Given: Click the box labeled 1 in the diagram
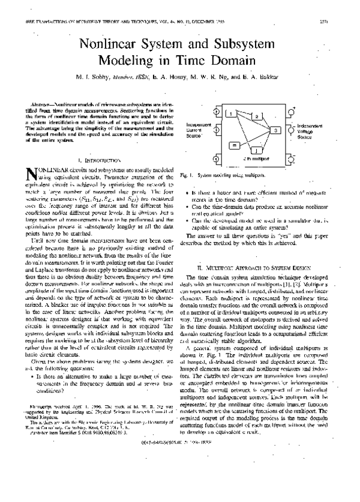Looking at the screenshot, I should (x=230, y=113).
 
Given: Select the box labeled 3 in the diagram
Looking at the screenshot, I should (x=274, y=130).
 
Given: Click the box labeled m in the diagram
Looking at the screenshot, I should (x=235, y=144).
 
